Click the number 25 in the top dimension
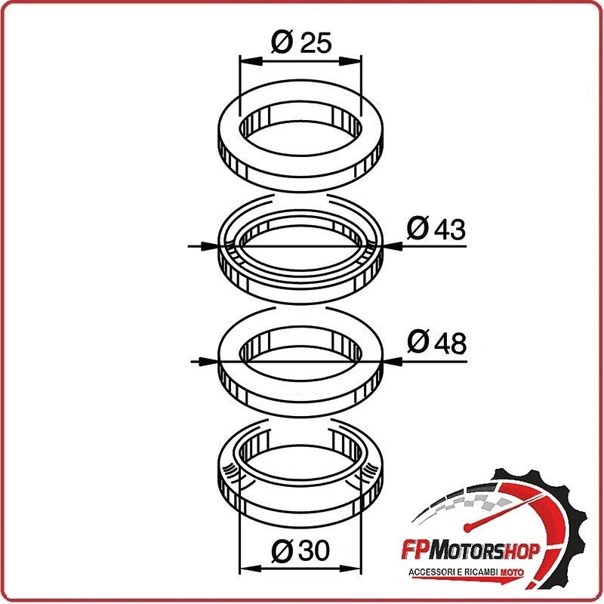pyautogui.click(x=316, y=42)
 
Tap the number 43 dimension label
pyautogui.click(x=449, y=230)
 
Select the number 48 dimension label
pyautogui.click(x=450, y=344)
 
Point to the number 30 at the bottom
pyautogui.click(x=315, y=550)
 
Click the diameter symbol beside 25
pyautogui.click(x=282, y=42)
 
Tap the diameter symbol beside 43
pyautogui.click(x=418, y=229)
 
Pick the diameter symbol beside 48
pyautogui.click(x=418, y=342)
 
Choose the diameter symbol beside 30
pyautogui.click(x=282, y=550)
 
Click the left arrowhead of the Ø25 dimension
pyautogui.click(x=251, y=61)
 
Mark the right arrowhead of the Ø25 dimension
pyautogui.click(x=350, y=61)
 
